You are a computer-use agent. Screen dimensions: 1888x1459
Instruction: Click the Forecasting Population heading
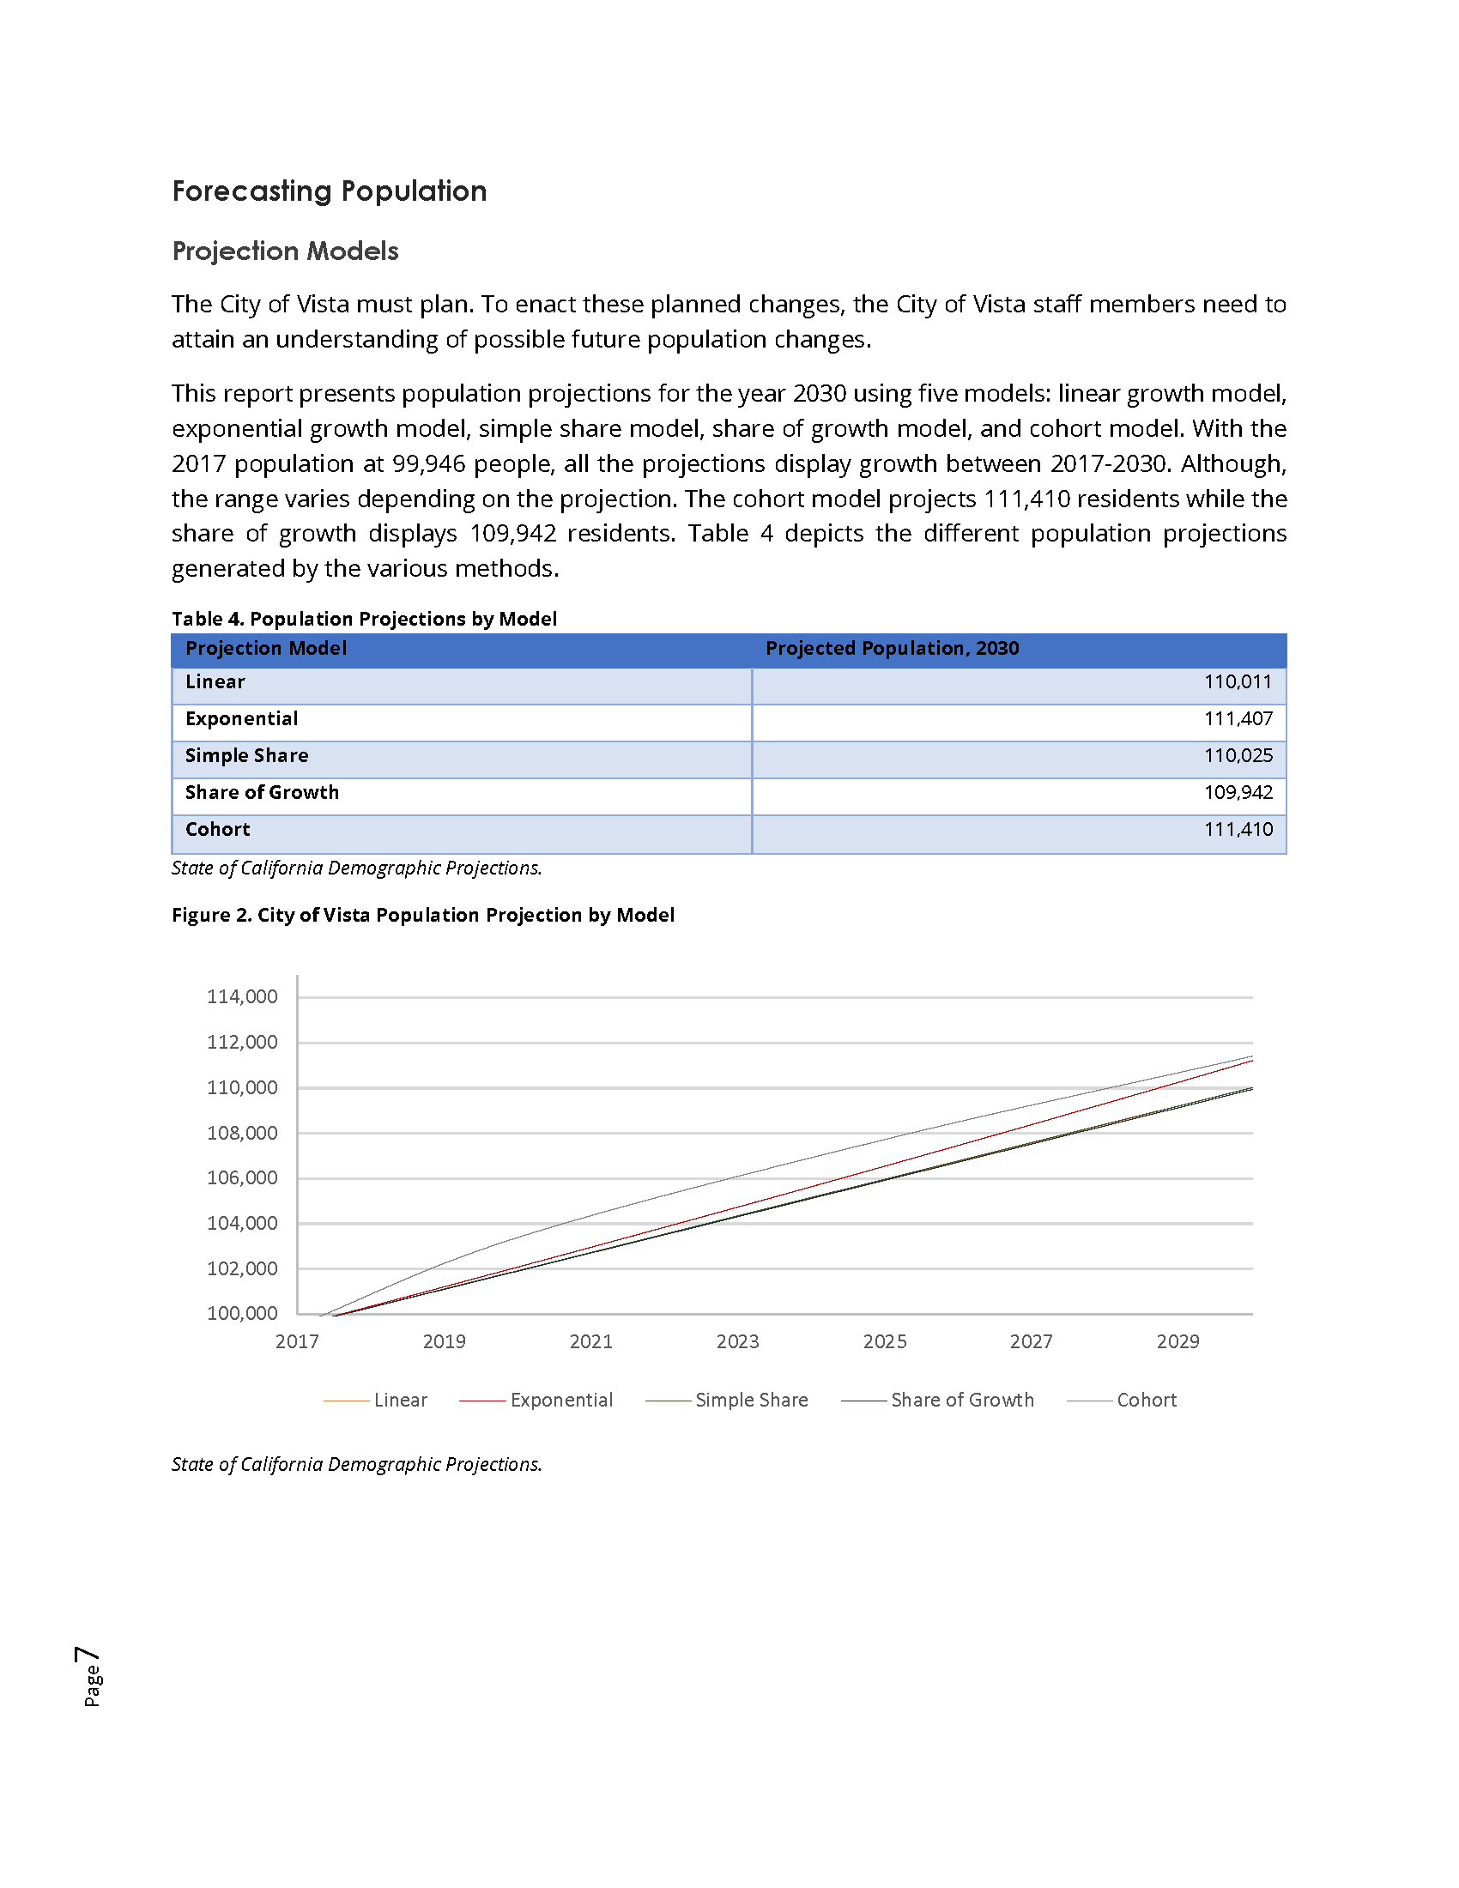click(x=330, y=191)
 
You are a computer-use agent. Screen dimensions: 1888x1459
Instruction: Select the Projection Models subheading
click(x=285, y=251)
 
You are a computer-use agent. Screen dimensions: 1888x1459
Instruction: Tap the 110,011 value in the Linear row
click(x=1238, y=682)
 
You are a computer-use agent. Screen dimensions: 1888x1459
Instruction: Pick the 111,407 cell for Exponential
click(x=1238, y=719)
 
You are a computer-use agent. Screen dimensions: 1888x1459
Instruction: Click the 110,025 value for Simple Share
click(x=1238, y=755)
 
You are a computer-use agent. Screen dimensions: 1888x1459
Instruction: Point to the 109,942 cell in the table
click(x=1238, y=793)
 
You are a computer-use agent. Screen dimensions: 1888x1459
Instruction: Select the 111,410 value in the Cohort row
click(x=1238, y=830)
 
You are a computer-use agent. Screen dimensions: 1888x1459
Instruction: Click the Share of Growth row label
click(x=262, y=793)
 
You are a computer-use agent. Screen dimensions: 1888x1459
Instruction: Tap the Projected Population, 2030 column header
click(x=892, y=648)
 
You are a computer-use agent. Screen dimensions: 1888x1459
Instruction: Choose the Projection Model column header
click(x=266, y=648)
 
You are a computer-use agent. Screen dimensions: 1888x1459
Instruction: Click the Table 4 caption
click(x=364, y=619)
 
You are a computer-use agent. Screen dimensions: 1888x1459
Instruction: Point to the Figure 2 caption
click(x=422, y=915)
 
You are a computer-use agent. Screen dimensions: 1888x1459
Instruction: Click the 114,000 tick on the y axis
click(x=242, y=996)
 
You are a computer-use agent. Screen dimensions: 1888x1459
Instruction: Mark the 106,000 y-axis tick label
click(x=242, y=1177)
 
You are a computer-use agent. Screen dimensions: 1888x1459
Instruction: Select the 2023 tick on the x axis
click(x=737, y=1341)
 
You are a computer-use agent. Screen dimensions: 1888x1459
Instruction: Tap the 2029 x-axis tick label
click(x=1177, y=1341)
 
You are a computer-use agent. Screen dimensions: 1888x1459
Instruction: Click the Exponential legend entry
click(x=561, y=1401)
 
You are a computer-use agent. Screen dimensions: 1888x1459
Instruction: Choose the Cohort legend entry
click(x=1146, y=1401)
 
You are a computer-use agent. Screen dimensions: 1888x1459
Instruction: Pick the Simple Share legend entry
click(x=751, y=1401)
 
